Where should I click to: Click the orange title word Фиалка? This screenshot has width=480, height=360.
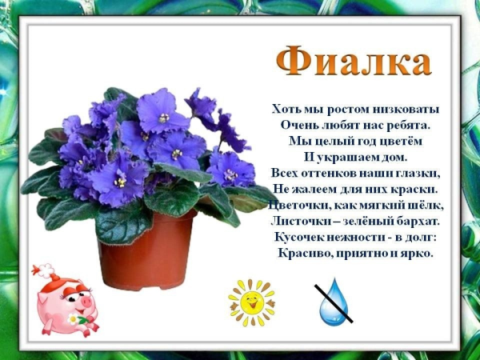tap(354, 62)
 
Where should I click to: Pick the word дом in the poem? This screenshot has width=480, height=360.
tap(395, 157)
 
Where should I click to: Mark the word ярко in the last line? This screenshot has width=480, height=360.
tap(417, 254)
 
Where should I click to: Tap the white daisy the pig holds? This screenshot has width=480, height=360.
tap(74, 319)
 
